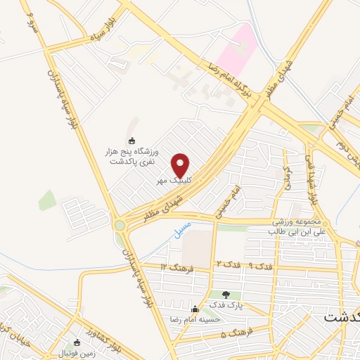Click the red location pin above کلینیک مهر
coord(181,165)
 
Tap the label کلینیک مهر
coord(174,180)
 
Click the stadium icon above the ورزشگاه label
coord(133,139)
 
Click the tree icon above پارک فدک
coord(226,295)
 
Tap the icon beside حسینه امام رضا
coord(195,309)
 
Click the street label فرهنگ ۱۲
coord(174,267)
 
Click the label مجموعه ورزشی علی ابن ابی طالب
coord(303,226)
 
